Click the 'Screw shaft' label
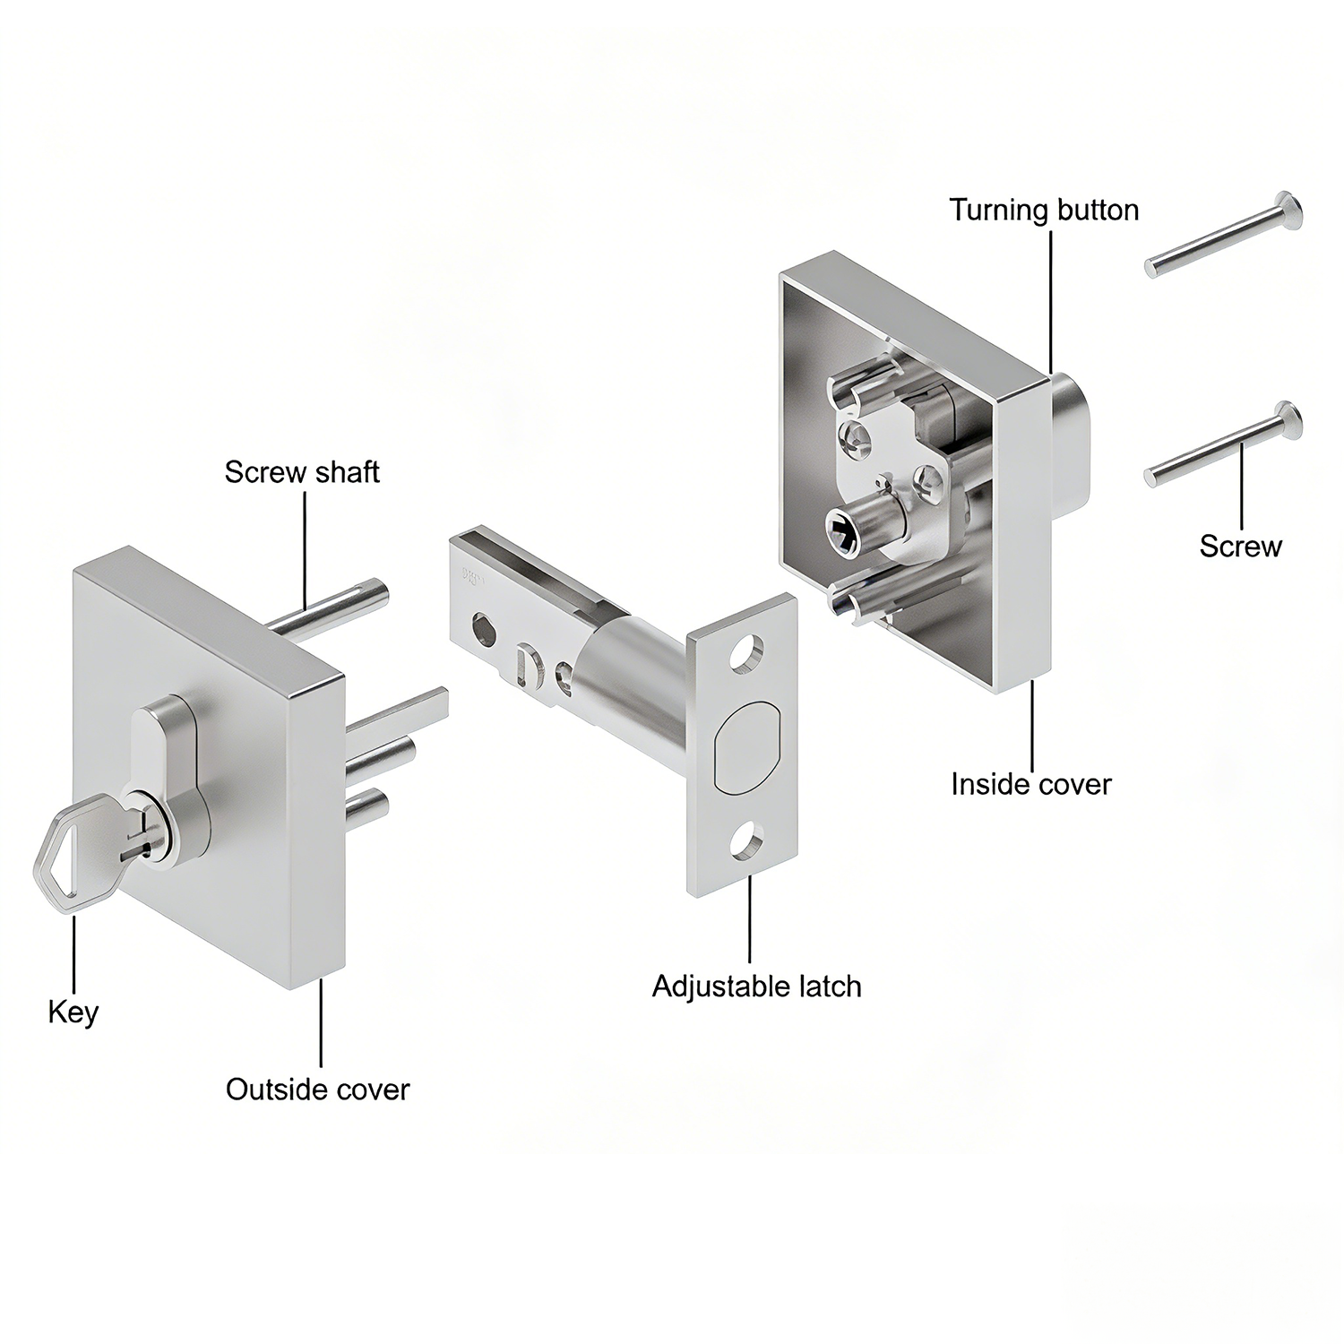point(302,472)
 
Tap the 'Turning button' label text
point(1044,210)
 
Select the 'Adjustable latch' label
point(756,986)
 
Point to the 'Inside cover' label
point(1030,784)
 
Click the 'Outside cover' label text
point(317,1090)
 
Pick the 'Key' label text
point(73,1012)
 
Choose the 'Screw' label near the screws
point(1240,546)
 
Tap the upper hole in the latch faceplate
point(745,655)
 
